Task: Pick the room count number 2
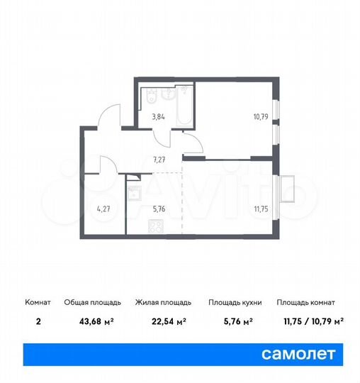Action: click(38, 321)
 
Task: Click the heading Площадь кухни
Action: click(235, 302)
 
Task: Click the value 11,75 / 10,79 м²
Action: click(310, 321)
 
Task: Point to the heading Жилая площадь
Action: click(161, 302)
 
